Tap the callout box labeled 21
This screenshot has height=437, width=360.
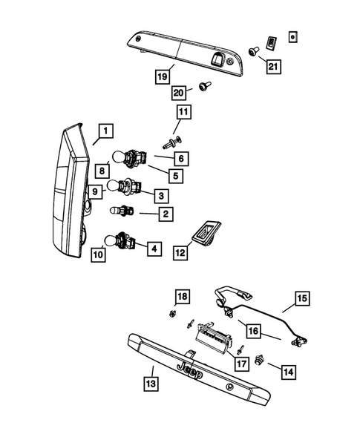(x=275, y=68)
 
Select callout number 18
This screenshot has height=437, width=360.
(x=182, y=296)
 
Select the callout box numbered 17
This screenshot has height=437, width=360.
(x=240, y=364)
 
